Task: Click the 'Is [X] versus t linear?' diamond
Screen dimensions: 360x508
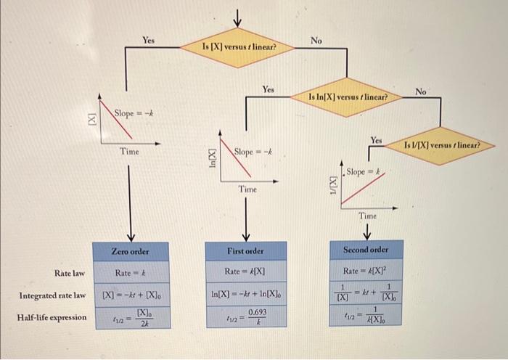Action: tap(238, 46)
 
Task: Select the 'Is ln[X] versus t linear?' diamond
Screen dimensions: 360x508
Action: tap(348, 96)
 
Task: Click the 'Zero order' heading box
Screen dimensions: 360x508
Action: tap(130, 251)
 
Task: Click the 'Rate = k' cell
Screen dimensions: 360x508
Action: tap(130, 273)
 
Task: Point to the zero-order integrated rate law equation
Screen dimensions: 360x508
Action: tap(130, 295)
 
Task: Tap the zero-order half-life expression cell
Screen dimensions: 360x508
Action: tap(130, 318)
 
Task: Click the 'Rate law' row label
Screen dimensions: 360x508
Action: tap(70, 273)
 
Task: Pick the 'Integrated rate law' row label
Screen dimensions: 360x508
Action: tap(53, 295)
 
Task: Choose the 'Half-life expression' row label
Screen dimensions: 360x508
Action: tap(52, 317)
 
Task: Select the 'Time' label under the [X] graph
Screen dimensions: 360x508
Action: tap(130, 151)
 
